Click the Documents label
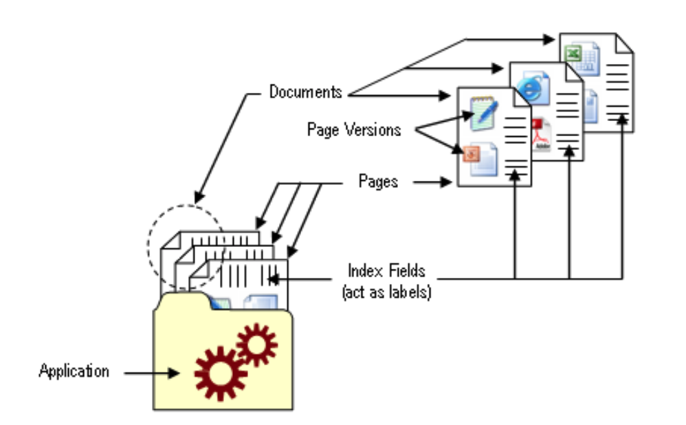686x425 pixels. pos(305,92)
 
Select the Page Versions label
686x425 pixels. pos(354,130)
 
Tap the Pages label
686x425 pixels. pos(378,181)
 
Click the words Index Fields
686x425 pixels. pos(386,271)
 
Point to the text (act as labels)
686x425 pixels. pos(387,292)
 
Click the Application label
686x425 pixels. pos(74,371)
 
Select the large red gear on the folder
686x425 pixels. pos(221,373)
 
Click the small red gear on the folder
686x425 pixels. pos(257,345)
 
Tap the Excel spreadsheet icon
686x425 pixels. pos(582,58)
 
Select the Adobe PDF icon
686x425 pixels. pos(541,134)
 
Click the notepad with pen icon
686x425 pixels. pos(483,113)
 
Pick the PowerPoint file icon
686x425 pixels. pos(480,159)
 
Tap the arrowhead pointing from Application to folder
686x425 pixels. pos(174,373)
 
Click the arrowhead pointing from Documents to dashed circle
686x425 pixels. pos(199,197)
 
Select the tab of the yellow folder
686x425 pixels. pos(184,301)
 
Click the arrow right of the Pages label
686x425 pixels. pos(432,182)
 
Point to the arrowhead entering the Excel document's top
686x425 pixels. pos(549,39)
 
